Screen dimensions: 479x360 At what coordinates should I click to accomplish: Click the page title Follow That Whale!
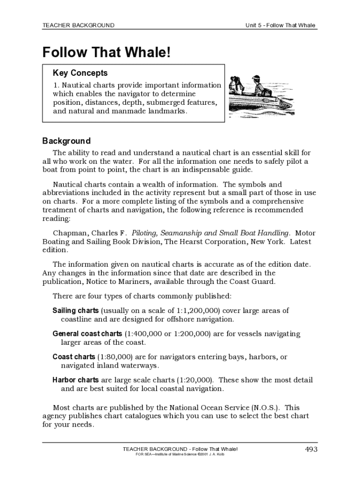click(x=107, y=52)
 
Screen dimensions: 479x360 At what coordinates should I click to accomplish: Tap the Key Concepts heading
click(x=80, y=73)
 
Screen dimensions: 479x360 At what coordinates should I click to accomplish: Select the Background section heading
click(x=66, y=141)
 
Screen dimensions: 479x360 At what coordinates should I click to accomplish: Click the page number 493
click(x=311, y=450)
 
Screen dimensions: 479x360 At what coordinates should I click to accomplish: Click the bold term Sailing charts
click(x=75, y=311)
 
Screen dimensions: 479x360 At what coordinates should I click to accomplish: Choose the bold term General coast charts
click(x=87, y=334)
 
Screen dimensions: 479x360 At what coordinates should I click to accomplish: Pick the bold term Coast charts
click(x=73, y=357)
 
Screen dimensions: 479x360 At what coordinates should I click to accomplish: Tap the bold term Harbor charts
click(x=75, y=380)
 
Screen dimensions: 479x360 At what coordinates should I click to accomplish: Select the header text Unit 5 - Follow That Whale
click(x=281, y=25)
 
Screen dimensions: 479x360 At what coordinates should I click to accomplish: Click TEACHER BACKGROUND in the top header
click(x=78, y=25)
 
